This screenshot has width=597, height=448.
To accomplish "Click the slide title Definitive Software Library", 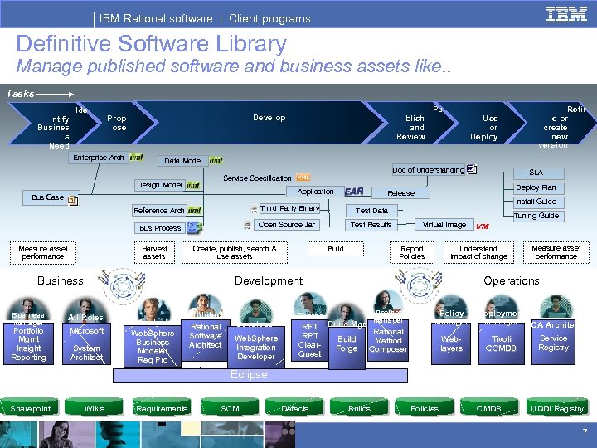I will pos(151,44).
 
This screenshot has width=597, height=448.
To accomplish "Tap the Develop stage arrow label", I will pos(269,118).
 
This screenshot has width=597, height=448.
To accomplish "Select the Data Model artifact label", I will pos(183,161).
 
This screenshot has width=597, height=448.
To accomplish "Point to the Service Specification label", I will pos(258,178).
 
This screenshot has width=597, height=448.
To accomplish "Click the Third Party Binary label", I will pos(289,208).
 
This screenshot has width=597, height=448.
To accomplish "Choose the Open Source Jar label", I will pos(286,225).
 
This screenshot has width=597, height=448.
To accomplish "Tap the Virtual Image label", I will pos(444,225).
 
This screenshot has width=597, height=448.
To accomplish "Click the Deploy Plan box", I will pos(536,187).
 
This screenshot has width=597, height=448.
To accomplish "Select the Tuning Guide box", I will pos(536,216).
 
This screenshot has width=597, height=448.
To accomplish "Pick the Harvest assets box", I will pos(154,252).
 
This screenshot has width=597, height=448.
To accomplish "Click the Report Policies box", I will pos(412,252).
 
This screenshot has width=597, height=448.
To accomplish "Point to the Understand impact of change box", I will pos(478,252).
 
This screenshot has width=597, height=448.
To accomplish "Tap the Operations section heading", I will pos(511,280).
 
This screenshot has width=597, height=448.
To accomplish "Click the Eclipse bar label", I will pos(249,375).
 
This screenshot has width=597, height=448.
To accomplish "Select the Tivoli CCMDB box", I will pos(500,343).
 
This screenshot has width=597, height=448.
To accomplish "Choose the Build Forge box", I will pos(347,343).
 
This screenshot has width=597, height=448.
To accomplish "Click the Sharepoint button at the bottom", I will pos(31,408).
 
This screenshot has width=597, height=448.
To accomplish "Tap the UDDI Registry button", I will pos(556,408).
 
